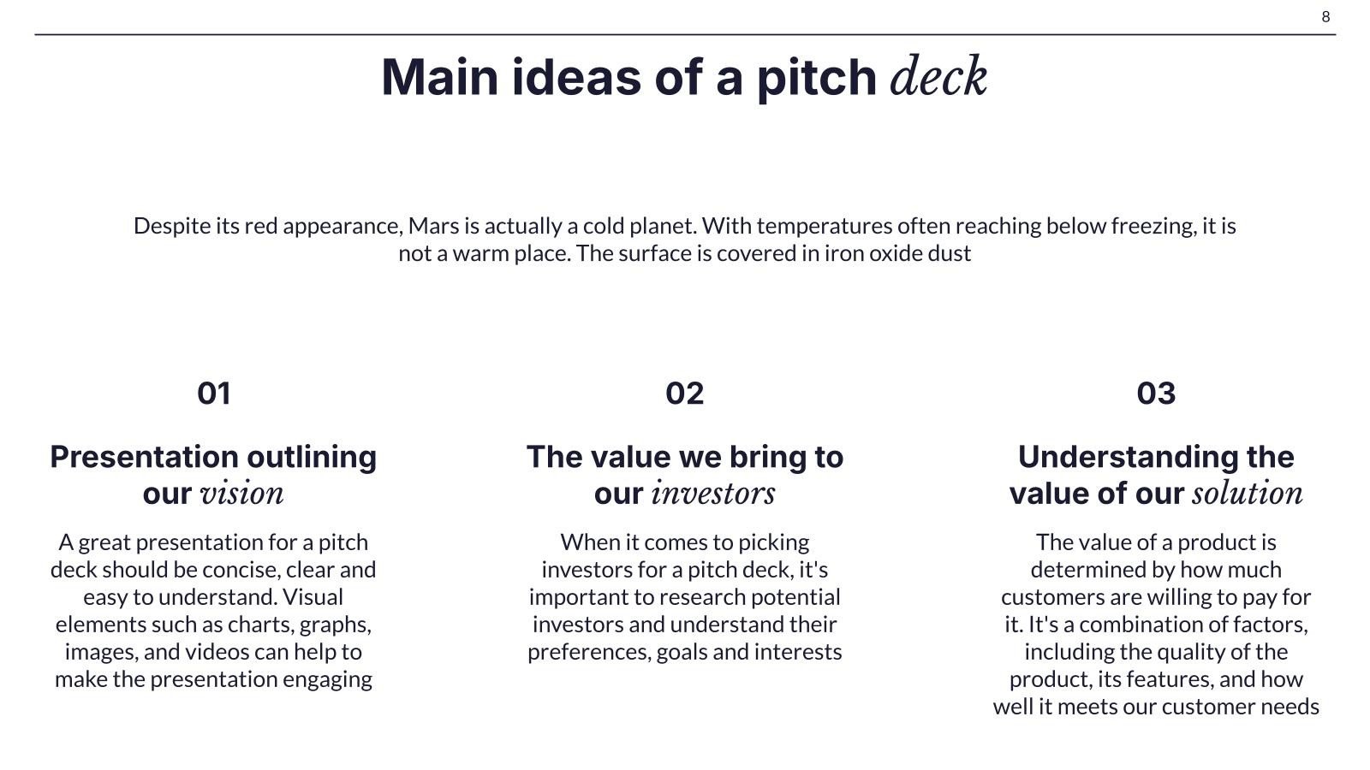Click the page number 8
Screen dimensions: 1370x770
[x=1325, y=16]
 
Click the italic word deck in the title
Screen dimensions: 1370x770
[x=938, y=76]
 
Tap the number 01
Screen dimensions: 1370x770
[x=213, y=393]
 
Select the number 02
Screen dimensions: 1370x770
[x=684, y=393]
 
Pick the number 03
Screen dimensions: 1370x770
[x=1156, y=393]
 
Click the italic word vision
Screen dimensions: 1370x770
[x=242, y=493]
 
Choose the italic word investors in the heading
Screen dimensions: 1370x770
[x=713, y=493]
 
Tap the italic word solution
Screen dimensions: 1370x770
[x=1248, y=493]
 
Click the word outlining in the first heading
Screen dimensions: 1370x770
[x=312, y=457]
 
